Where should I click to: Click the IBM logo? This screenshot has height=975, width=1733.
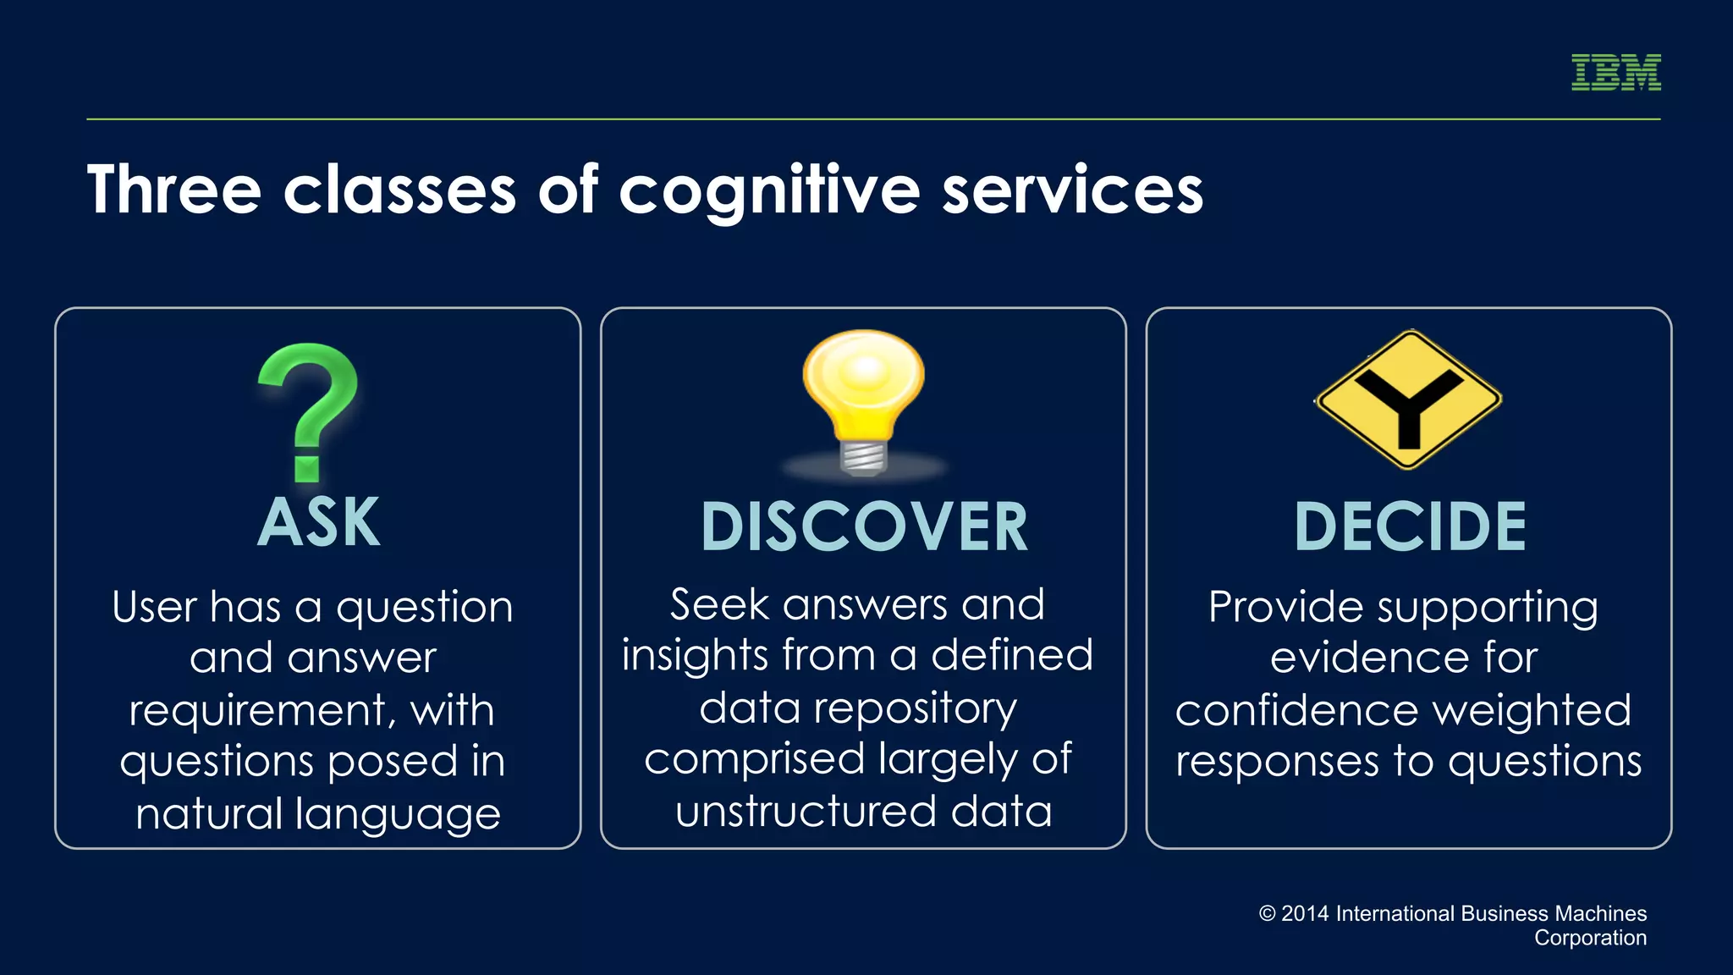pos(1615,72)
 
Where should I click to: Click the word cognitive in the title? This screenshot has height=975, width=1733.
pos(768,191)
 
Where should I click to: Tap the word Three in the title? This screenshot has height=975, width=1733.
pos(173,190)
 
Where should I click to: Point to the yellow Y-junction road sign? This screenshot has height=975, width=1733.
pos(1409,399)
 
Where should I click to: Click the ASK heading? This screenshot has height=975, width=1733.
pos(318,523)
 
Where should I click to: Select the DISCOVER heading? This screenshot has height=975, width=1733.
pos(864,527)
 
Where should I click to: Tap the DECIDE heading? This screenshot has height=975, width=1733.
pos(1410,527)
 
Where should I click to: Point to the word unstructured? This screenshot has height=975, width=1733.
pos(805,812)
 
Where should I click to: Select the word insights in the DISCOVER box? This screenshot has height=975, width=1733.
pos(694,656)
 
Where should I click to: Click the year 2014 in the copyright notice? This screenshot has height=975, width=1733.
pos(1305,914)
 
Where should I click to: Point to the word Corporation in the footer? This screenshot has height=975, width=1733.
pos(1590,938)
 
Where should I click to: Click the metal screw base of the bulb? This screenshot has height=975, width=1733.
pos(863,457)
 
